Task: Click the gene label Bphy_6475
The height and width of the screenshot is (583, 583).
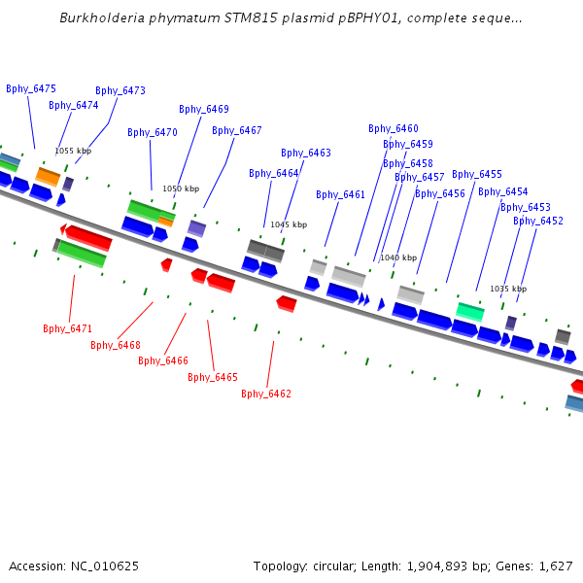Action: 31,88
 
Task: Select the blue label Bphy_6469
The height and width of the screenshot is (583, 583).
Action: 204,109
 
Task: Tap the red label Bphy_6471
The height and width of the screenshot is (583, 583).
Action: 67,328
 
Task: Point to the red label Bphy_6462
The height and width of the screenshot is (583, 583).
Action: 266,394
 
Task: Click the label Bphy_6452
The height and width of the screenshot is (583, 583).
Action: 538,221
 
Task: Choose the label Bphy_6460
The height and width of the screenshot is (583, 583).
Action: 394,128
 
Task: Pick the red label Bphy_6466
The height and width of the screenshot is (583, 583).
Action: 163,360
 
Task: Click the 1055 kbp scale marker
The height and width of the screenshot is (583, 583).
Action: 73,151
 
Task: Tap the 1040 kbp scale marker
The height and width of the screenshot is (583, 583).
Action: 398,257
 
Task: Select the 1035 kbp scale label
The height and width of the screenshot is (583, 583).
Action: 508,289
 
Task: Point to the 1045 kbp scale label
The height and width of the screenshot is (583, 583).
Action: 289,224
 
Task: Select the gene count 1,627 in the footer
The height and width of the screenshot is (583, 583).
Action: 554,566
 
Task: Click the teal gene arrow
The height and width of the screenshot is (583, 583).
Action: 470,311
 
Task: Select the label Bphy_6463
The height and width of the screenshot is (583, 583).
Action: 306,153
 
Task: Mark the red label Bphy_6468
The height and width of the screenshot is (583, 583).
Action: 116,345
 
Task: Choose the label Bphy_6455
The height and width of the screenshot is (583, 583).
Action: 477,174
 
